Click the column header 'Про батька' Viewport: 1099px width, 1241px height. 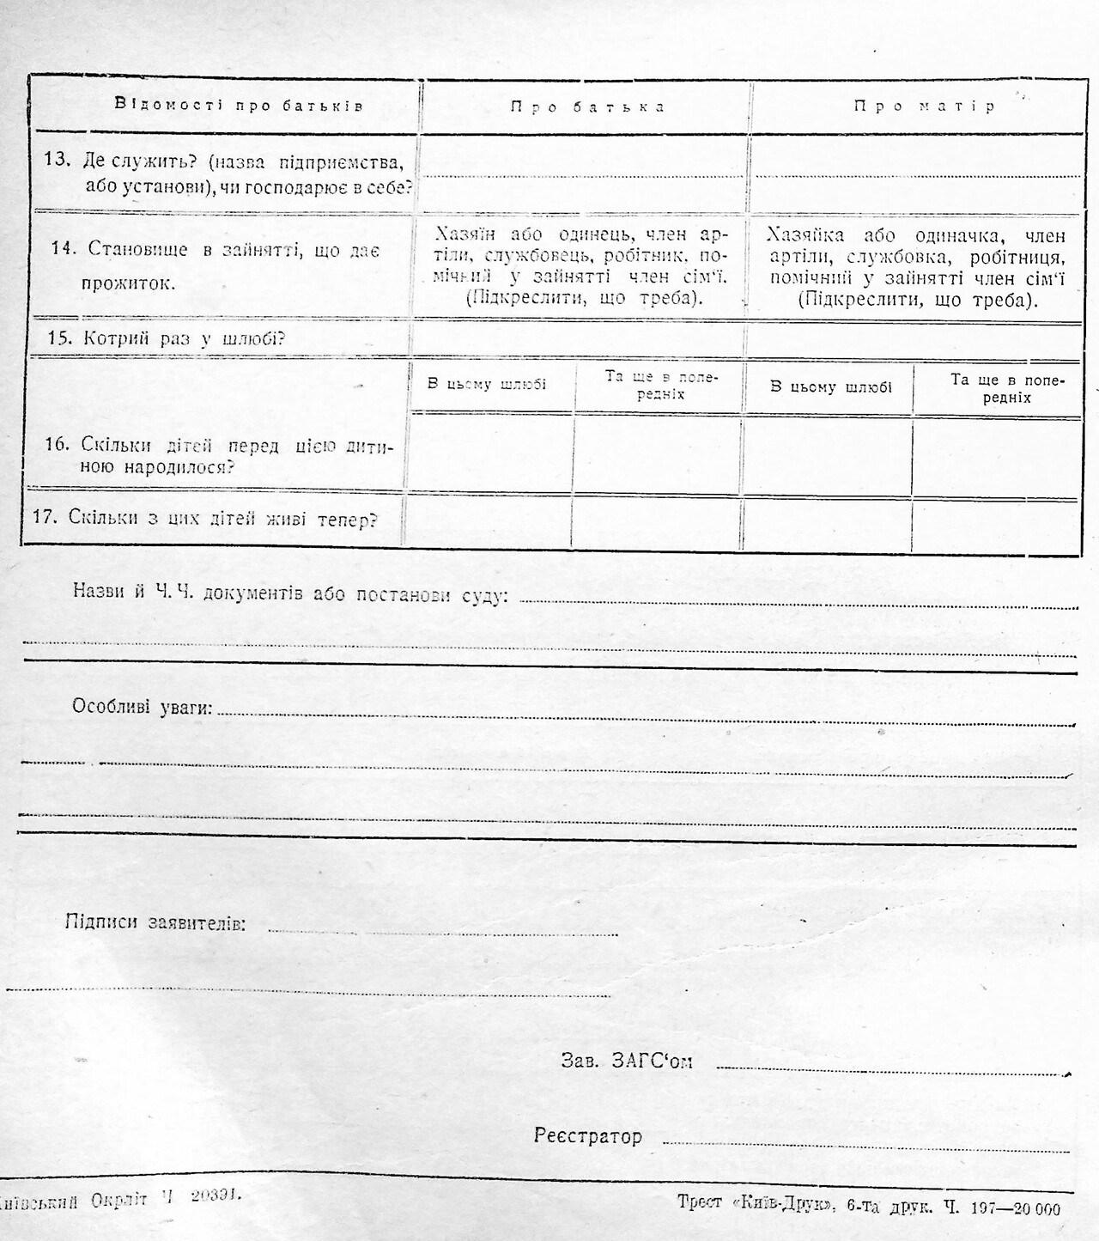587,107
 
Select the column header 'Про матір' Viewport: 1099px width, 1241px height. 924,106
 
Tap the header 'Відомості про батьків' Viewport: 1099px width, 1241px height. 239,106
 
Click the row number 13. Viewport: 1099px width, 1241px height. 56,160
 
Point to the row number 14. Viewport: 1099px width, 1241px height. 64,249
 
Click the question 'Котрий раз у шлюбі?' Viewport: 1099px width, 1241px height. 184,338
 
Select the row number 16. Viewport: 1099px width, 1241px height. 57,445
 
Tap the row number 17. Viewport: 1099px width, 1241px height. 45,518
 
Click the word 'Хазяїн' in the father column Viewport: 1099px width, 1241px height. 466,234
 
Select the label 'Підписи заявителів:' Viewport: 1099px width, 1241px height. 155,923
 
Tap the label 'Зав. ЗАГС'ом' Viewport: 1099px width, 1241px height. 627,1061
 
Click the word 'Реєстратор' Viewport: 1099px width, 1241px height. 587,1136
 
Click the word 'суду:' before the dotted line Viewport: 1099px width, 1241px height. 484,594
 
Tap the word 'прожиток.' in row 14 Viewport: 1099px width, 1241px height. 129,283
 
